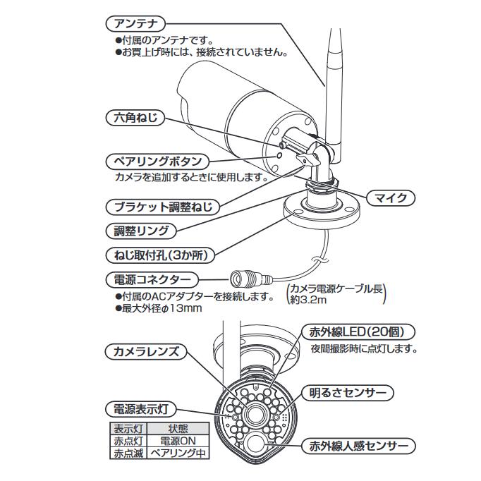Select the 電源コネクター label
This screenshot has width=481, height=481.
(151, 279)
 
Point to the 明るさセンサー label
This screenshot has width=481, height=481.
(348, 392)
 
